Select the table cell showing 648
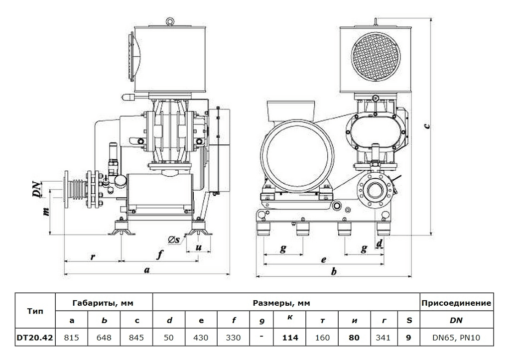[105, 338]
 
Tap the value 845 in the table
[136, 338]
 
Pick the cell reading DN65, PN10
[456, 338]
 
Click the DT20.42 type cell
[36, 338]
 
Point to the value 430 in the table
[201, 338]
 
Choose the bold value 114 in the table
[290, 338]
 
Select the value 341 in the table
[383, 338]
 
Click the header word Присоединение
[456, 303]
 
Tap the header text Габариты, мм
[103, 303]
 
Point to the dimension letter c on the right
[427, 125]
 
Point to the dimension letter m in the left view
[46, 211]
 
